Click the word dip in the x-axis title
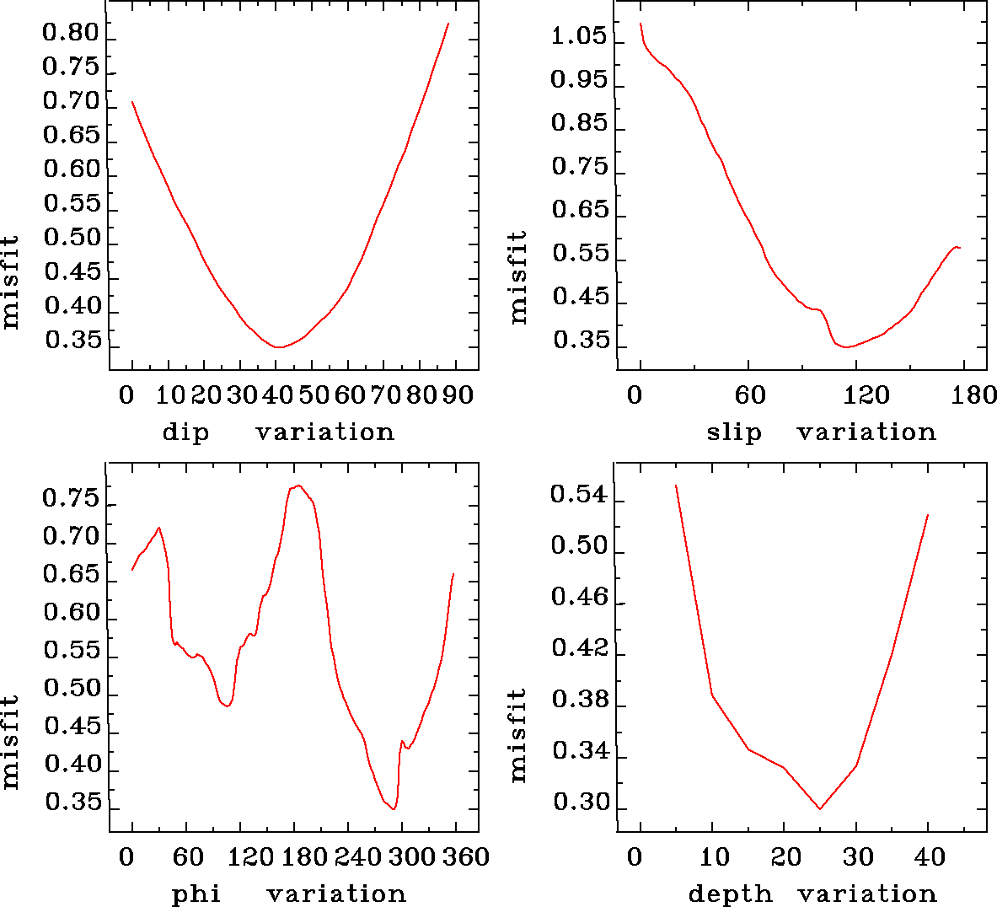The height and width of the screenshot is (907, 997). point(185,433)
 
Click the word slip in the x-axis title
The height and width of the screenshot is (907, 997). point(733,432)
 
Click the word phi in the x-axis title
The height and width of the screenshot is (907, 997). point(196,894)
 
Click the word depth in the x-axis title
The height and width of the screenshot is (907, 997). point(730,894)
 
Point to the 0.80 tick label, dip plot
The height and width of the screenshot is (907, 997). point(71,35)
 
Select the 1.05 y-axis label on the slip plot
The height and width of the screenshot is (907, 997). point(578,37)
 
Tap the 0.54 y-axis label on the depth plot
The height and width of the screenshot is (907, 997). point(578,495)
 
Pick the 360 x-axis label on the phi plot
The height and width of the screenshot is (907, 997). point(464,857)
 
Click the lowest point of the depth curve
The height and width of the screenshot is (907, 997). point(820,809)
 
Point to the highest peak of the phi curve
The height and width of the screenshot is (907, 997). point(298,486)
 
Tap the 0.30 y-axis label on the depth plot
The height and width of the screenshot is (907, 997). point(581,803)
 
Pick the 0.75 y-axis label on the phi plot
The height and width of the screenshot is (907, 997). point(71,499)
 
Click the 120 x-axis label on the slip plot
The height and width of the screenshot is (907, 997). point(868,395)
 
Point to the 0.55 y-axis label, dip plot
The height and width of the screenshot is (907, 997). point(71,204)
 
